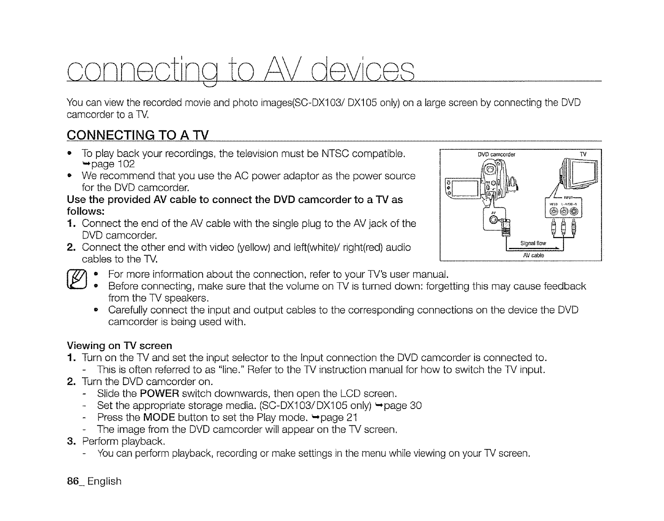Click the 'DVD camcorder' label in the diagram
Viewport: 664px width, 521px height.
point(496,154)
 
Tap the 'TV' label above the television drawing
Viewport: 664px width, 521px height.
point(583,154)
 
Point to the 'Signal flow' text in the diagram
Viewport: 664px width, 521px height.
point(533,243)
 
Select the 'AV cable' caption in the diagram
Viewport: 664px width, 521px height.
point(533,255)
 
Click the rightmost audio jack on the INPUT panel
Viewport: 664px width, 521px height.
point(574,211)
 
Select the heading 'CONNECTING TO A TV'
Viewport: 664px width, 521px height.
point(138,135)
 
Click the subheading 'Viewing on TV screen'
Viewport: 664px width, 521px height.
point(119,346)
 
